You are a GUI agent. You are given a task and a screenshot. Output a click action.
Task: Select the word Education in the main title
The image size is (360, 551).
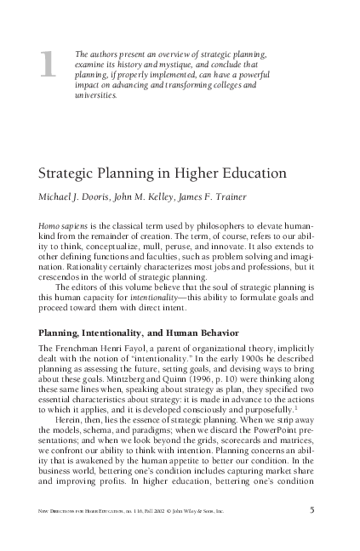[251, 173]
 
